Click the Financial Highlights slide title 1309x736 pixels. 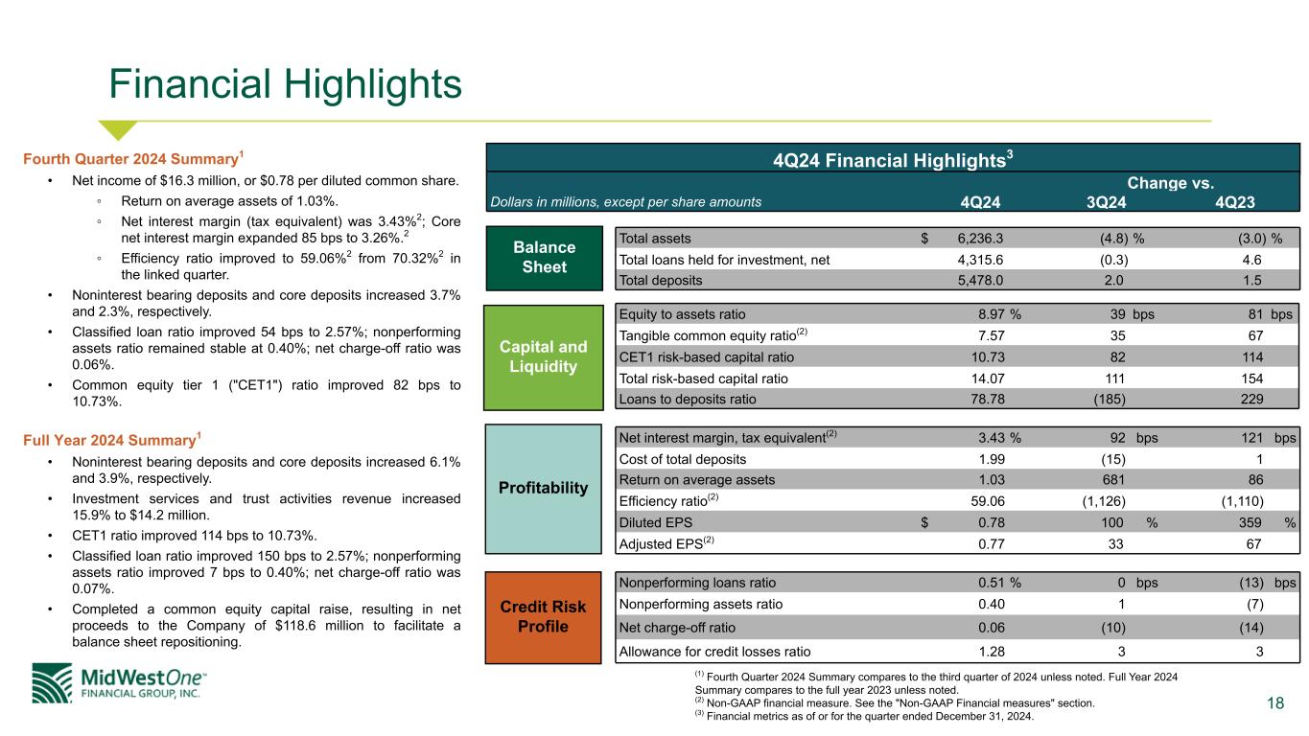[285, 84]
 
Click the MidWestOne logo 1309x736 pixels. [119, 683]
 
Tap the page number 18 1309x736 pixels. [1275, 702]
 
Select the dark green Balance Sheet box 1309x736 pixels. [544, 258]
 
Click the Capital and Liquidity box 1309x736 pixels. [544, 356]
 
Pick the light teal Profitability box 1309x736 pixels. [544, 489]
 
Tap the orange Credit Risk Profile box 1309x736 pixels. [543, 617]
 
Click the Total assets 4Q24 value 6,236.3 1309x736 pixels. [980, 239]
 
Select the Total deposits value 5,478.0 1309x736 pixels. [980, 281]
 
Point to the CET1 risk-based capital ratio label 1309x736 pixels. [706, 356]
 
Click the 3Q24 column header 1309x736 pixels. [1106, 202]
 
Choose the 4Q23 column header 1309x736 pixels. [1235, 202]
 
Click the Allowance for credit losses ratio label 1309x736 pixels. [714, 652]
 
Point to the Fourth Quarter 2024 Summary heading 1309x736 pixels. [132, 158]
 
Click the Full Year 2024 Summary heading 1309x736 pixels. [111, 439]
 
